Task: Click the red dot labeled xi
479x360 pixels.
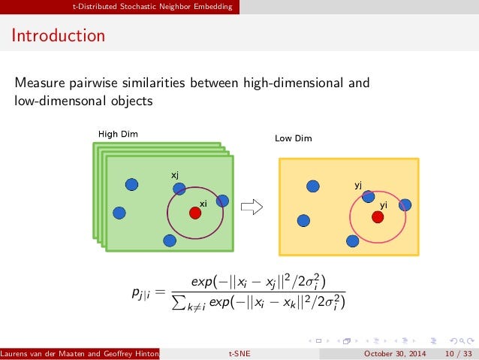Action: pyautogui.click(x=195, y=213)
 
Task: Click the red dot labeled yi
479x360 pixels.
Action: pyautogui.click(x=378, y=217)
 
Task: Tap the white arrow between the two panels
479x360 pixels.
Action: pyautogui.click(x=252, y=207)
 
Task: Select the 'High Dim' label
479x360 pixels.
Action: pyautogui.click(x=118, y=134)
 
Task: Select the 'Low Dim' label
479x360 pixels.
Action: pyautogui.click(x=294, y=138)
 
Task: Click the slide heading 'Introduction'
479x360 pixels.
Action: pyautogui.click(x=59, y=35)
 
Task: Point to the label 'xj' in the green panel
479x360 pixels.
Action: pyautogui.click(x=175, y=175)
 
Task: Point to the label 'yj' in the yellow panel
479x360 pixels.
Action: pyautogui.click(x=358, y=185)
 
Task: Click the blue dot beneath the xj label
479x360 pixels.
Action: pyautogui.click(x=179, y=189)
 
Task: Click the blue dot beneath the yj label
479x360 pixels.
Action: pyautogui.click(x=368, y=196)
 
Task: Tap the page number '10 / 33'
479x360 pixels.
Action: pyautogui.click(x=458, y=353)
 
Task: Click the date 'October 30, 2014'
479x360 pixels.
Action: pyautogui.click(x=395, y=353)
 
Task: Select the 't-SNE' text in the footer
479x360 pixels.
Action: pyautogui.click(x=239, y=353)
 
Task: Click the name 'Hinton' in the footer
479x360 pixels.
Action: pyautogui.click(x=147, y=353)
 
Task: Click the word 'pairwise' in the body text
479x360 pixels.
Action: pyautogui.click(x=93, y=83)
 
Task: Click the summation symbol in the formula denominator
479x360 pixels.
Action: pyautogui.click(x=177, y=302)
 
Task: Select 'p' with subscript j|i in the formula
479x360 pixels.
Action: pyautogui.click(x=141, y=293)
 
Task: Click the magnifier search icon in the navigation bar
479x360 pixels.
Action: pyautogui.click(x=462, y=340)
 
